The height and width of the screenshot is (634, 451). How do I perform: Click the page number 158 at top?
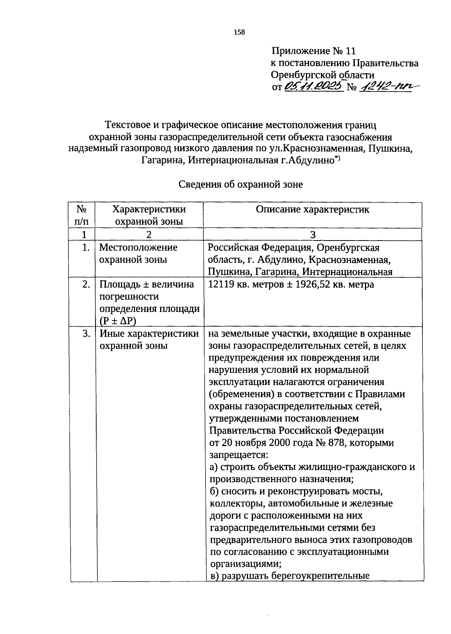(239, 32)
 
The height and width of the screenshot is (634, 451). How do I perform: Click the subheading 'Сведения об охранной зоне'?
(241, 185)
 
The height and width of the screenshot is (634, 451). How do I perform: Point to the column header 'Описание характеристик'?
(312, 210)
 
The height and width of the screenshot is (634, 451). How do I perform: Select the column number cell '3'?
(312, 235)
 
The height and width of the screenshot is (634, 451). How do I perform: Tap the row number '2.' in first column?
(86, 284)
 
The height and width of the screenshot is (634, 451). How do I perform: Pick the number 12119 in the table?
(222, 284)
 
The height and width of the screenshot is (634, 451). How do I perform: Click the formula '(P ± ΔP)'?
(118, 321)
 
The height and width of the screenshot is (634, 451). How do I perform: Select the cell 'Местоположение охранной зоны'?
(138, 253)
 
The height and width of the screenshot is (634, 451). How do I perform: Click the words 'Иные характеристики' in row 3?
(149, 334)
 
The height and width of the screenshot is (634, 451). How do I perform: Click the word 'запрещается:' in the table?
(238, 455)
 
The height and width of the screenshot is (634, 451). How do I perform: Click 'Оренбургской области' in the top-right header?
(323, 75)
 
